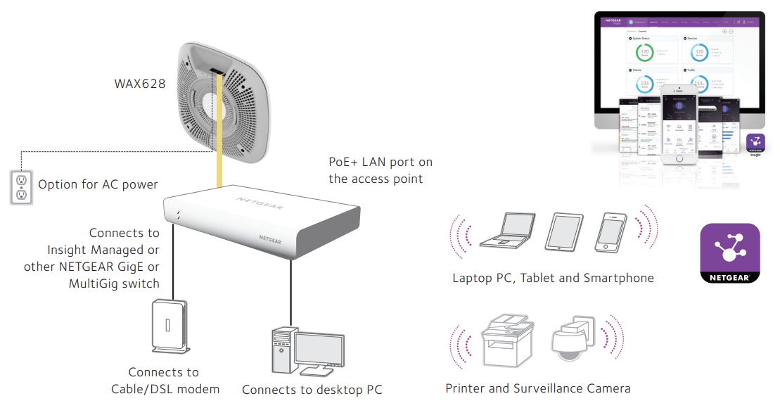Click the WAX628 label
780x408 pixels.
140,84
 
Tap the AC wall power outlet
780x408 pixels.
21,186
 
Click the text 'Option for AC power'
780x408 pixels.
98,185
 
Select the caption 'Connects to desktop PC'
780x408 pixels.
312,390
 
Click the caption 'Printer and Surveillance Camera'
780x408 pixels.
537,388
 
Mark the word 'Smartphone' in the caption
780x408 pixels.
619,278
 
